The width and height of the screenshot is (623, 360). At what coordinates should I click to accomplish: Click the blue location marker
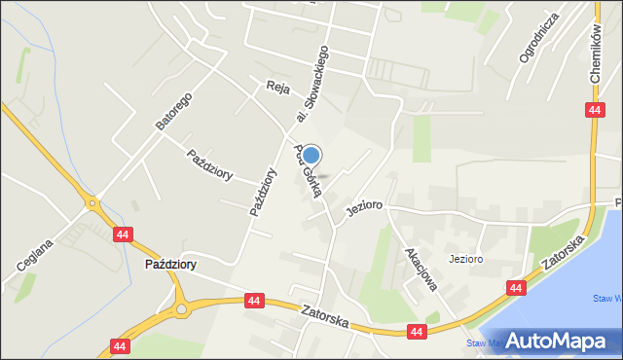pos(311,155)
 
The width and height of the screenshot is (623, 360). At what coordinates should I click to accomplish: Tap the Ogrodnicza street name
pos(539,38)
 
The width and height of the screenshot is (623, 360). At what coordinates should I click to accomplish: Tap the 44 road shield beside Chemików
pos(594,111)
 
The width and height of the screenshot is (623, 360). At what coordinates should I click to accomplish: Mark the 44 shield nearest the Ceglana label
pos(122,234)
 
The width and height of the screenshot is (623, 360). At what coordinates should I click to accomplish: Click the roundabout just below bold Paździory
pos(182,310)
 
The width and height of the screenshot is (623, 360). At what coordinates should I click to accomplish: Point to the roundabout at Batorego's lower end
pos(94,204)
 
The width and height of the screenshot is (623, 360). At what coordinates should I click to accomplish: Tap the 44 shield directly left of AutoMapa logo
pos(416,333)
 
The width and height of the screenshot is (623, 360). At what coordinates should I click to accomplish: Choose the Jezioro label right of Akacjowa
pos(466,260)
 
